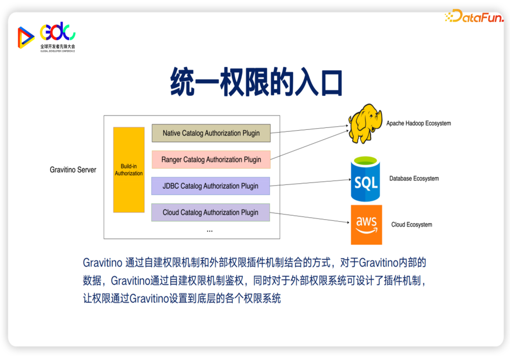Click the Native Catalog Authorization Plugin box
tap(211, 133)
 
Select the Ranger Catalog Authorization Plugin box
tap(211, 159)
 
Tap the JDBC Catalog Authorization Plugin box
tap(211, 186)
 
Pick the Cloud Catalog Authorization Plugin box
tap(211, 212)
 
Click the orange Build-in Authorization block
tap(128, 170)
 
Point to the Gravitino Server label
tap(73, 170)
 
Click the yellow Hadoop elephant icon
tap(365, 124)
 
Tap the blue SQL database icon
tap(365, 180)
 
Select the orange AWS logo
tap(366, 225)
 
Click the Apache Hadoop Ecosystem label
tap(418, 124)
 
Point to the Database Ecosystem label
tap(414, 179)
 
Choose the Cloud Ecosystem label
tap(411, 225)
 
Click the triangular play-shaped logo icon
tap(25, 37)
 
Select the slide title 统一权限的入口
tap(256, 83)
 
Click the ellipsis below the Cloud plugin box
tap(210, 231)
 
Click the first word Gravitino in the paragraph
tap(102, 263)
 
